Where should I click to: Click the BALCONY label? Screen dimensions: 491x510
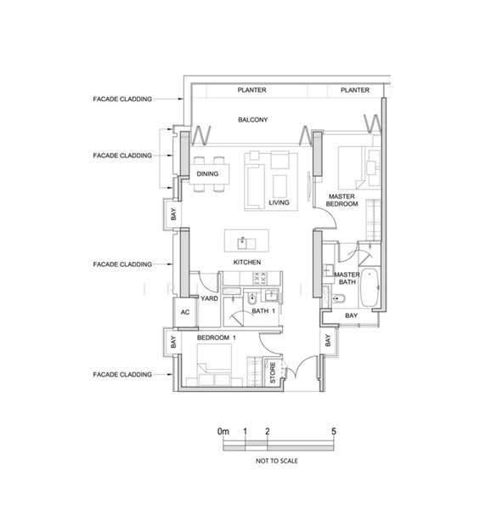click(253, 120)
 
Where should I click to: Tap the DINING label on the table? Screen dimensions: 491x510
click(207, 173)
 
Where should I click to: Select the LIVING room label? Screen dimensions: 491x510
click(279, 202)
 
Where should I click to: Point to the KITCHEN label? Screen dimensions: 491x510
click(247, 262)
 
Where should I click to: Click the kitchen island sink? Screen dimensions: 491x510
click(246, 242)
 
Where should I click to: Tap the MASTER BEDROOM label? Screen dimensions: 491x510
click(341, 200)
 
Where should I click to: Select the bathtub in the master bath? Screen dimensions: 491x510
click(370, 287)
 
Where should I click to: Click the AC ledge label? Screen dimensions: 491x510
click(185, 312)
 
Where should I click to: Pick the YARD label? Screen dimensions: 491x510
click(209, 298)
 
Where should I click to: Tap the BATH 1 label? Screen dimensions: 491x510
click(263, 311)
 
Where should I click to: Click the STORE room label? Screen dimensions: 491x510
click(273, 372)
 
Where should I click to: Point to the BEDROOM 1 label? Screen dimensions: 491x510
click(217, 337)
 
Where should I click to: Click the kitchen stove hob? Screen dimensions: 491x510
click(260, 279)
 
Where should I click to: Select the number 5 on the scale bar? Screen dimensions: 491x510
click(334, 431)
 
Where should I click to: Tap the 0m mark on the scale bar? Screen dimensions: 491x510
click(223, 431)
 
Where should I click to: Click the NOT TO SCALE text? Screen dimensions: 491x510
click(277, 461)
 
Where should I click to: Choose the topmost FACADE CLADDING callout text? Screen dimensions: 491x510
click(122, 99)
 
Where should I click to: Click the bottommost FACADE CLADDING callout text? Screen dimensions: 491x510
click(122, 374)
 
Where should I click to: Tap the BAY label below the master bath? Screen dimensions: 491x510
click(351, 315)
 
